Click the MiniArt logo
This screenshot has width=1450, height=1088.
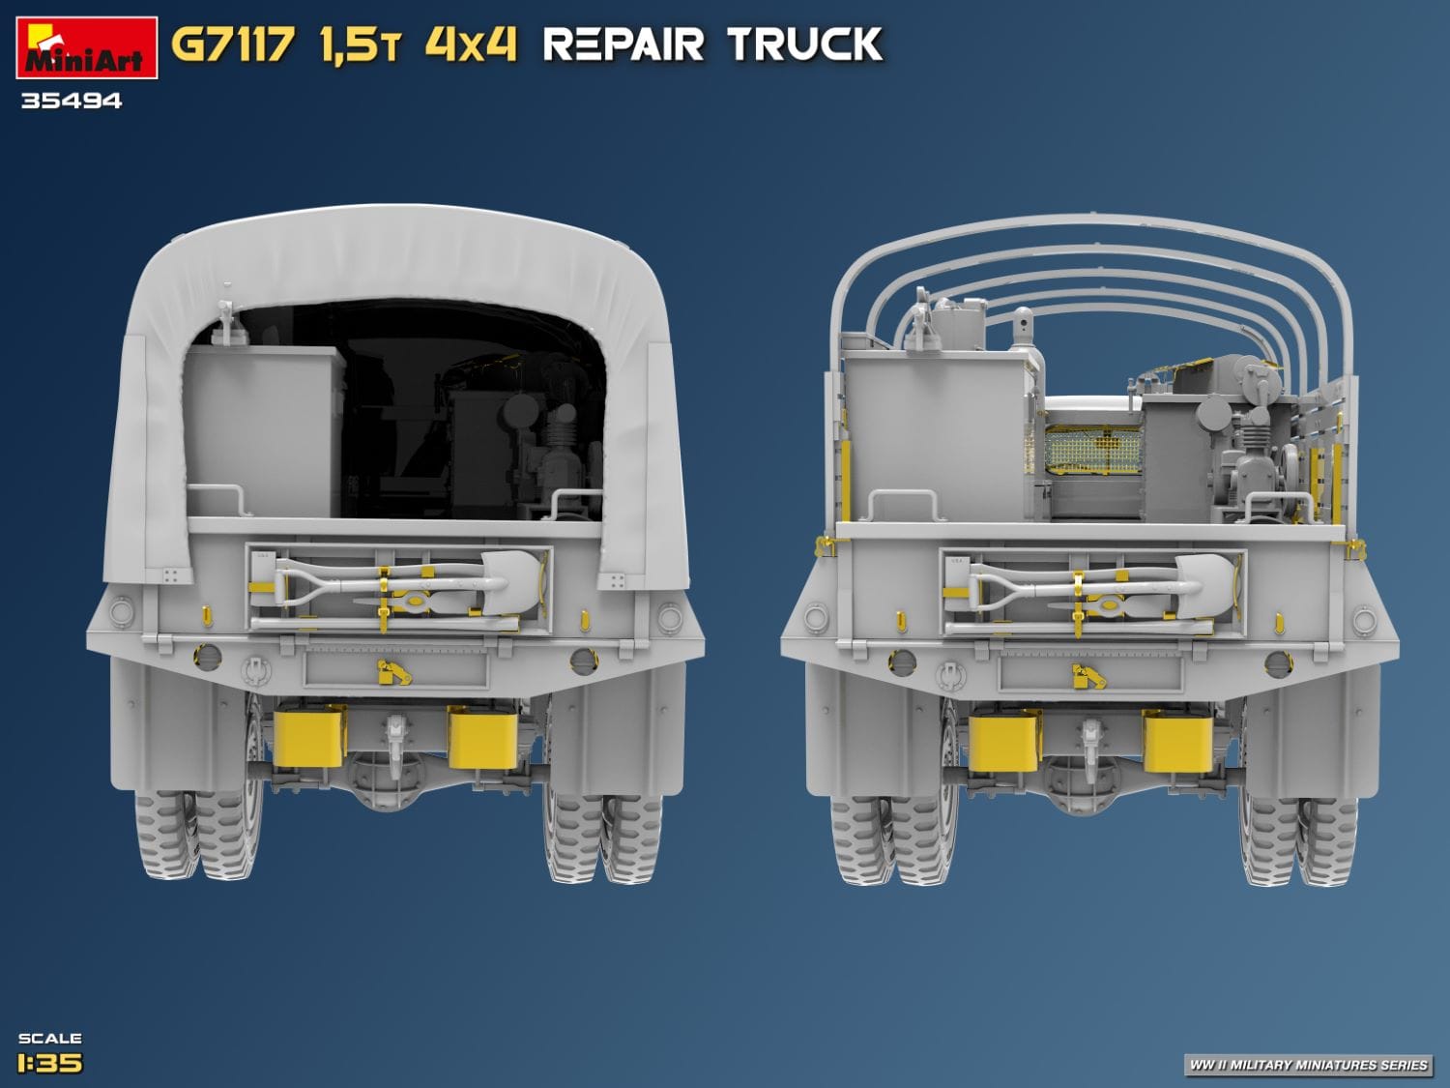click(x=86, y=48)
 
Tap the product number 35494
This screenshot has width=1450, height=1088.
click(x=72, y=101)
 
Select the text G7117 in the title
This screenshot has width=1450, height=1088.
click(x=232, y=45)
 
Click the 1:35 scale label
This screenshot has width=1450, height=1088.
click(x=49, y=1063)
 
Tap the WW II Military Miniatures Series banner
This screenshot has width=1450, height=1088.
click(x=1307, y=1065)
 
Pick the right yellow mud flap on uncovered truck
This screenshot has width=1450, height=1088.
click(x=1177, y=741)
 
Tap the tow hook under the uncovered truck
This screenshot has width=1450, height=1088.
click(x=1091, y=740)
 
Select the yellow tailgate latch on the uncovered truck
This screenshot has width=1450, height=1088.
click(x=1088, y=676)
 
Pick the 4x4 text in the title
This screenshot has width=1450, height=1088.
click(x=471, y=45)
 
